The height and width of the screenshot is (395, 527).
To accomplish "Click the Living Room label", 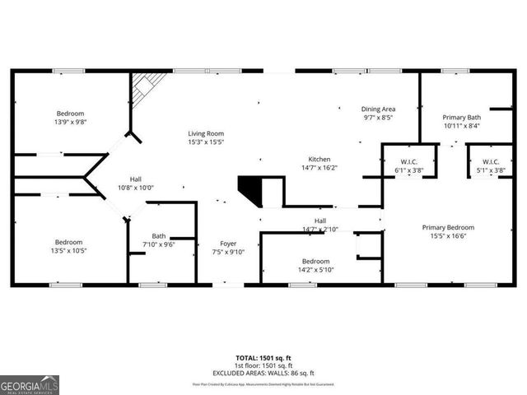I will (x=206, y=133).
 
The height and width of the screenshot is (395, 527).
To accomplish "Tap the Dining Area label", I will (x=379, y=109).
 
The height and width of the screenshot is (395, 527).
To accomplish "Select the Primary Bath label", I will (x=461, y=117).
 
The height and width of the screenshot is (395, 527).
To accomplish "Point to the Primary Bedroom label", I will (x=449, y=227).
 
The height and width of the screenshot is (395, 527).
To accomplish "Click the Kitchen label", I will (x=319, y=159).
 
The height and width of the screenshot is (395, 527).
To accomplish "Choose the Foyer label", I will (x=228, y=244).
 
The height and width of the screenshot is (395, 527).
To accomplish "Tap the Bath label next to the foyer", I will (x=159, y=235).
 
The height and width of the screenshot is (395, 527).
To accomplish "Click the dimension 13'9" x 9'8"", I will (x=71, y=122).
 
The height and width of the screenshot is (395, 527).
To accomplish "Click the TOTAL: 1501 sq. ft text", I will (x=263, y=358).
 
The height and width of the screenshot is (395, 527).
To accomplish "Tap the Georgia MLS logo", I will (x=30, y=384).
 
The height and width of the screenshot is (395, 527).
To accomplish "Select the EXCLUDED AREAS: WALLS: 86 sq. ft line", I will (x=263, y=372).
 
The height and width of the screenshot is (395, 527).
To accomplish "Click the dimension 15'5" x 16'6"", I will (x=449, y=236).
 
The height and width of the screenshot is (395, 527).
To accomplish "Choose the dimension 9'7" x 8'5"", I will (x=379, y=118).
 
